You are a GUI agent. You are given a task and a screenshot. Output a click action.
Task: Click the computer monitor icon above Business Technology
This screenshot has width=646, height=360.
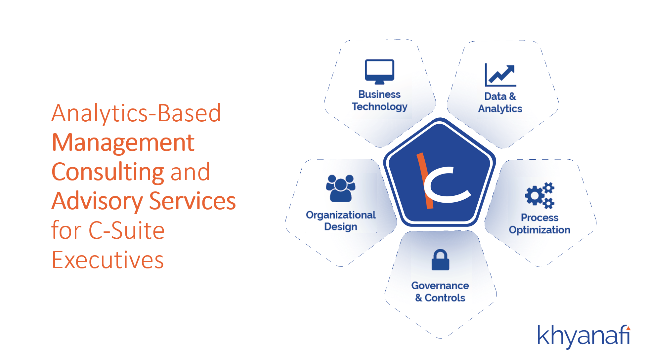click(x=379, y=72)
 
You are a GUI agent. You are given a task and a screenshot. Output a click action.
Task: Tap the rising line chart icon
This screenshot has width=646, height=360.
click(x=500, y=75)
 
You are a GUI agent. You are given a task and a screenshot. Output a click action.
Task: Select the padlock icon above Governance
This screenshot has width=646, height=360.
click(x=440, y=260)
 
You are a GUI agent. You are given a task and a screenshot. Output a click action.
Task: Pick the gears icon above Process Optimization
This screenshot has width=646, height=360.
click(x=539, y=195)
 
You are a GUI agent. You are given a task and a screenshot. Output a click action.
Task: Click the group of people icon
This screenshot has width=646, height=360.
click(x=341, y=188)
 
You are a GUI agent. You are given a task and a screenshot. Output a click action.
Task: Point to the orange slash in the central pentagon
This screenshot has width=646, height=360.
click(x=425, y=180)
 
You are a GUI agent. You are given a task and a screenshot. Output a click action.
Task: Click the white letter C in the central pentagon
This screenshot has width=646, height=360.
click(x=447, y=184)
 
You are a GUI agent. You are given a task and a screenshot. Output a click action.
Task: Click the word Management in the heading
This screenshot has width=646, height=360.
click(x=123, y=143)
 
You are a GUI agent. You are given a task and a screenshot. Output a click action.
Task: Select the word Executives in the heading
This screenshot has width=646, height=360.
click(x=108, y=260)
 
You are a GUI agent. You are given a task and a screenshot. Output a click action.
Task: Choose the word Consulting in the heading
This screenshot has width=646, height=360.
click(x=108, y=172)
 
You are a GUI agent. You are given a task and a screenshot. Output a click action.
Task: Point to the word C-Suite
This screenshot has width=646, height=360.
click(x=127, y=230)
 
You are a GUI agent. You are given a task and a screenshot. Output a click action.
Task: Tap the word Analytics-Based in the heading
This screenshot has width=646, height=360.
click(x=136, y=114)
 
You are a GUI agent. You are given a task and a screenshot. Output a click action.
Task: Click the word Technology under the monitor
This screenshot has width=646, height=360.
click(x=379, y=107)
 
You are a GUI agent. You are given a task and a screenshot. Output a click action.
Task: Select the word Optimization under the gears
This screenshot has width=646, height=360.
click(x=539, y=230)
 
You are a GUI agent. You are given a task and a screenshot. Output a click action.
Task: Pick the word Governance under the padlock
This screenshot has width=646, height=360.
click(x=440, y=285)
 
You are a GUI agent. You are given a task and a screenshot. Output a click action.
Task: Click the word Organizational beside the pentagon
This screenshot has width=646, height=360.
click(x=341, y=215)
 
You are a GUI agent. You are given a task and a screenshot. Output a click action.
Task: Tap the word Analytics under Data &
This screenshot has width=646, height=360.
click(x=500, y=109)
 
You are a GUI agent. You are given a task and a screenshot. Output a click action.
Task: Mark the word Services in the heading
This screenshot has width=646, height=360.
click(x=193, y=201)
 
